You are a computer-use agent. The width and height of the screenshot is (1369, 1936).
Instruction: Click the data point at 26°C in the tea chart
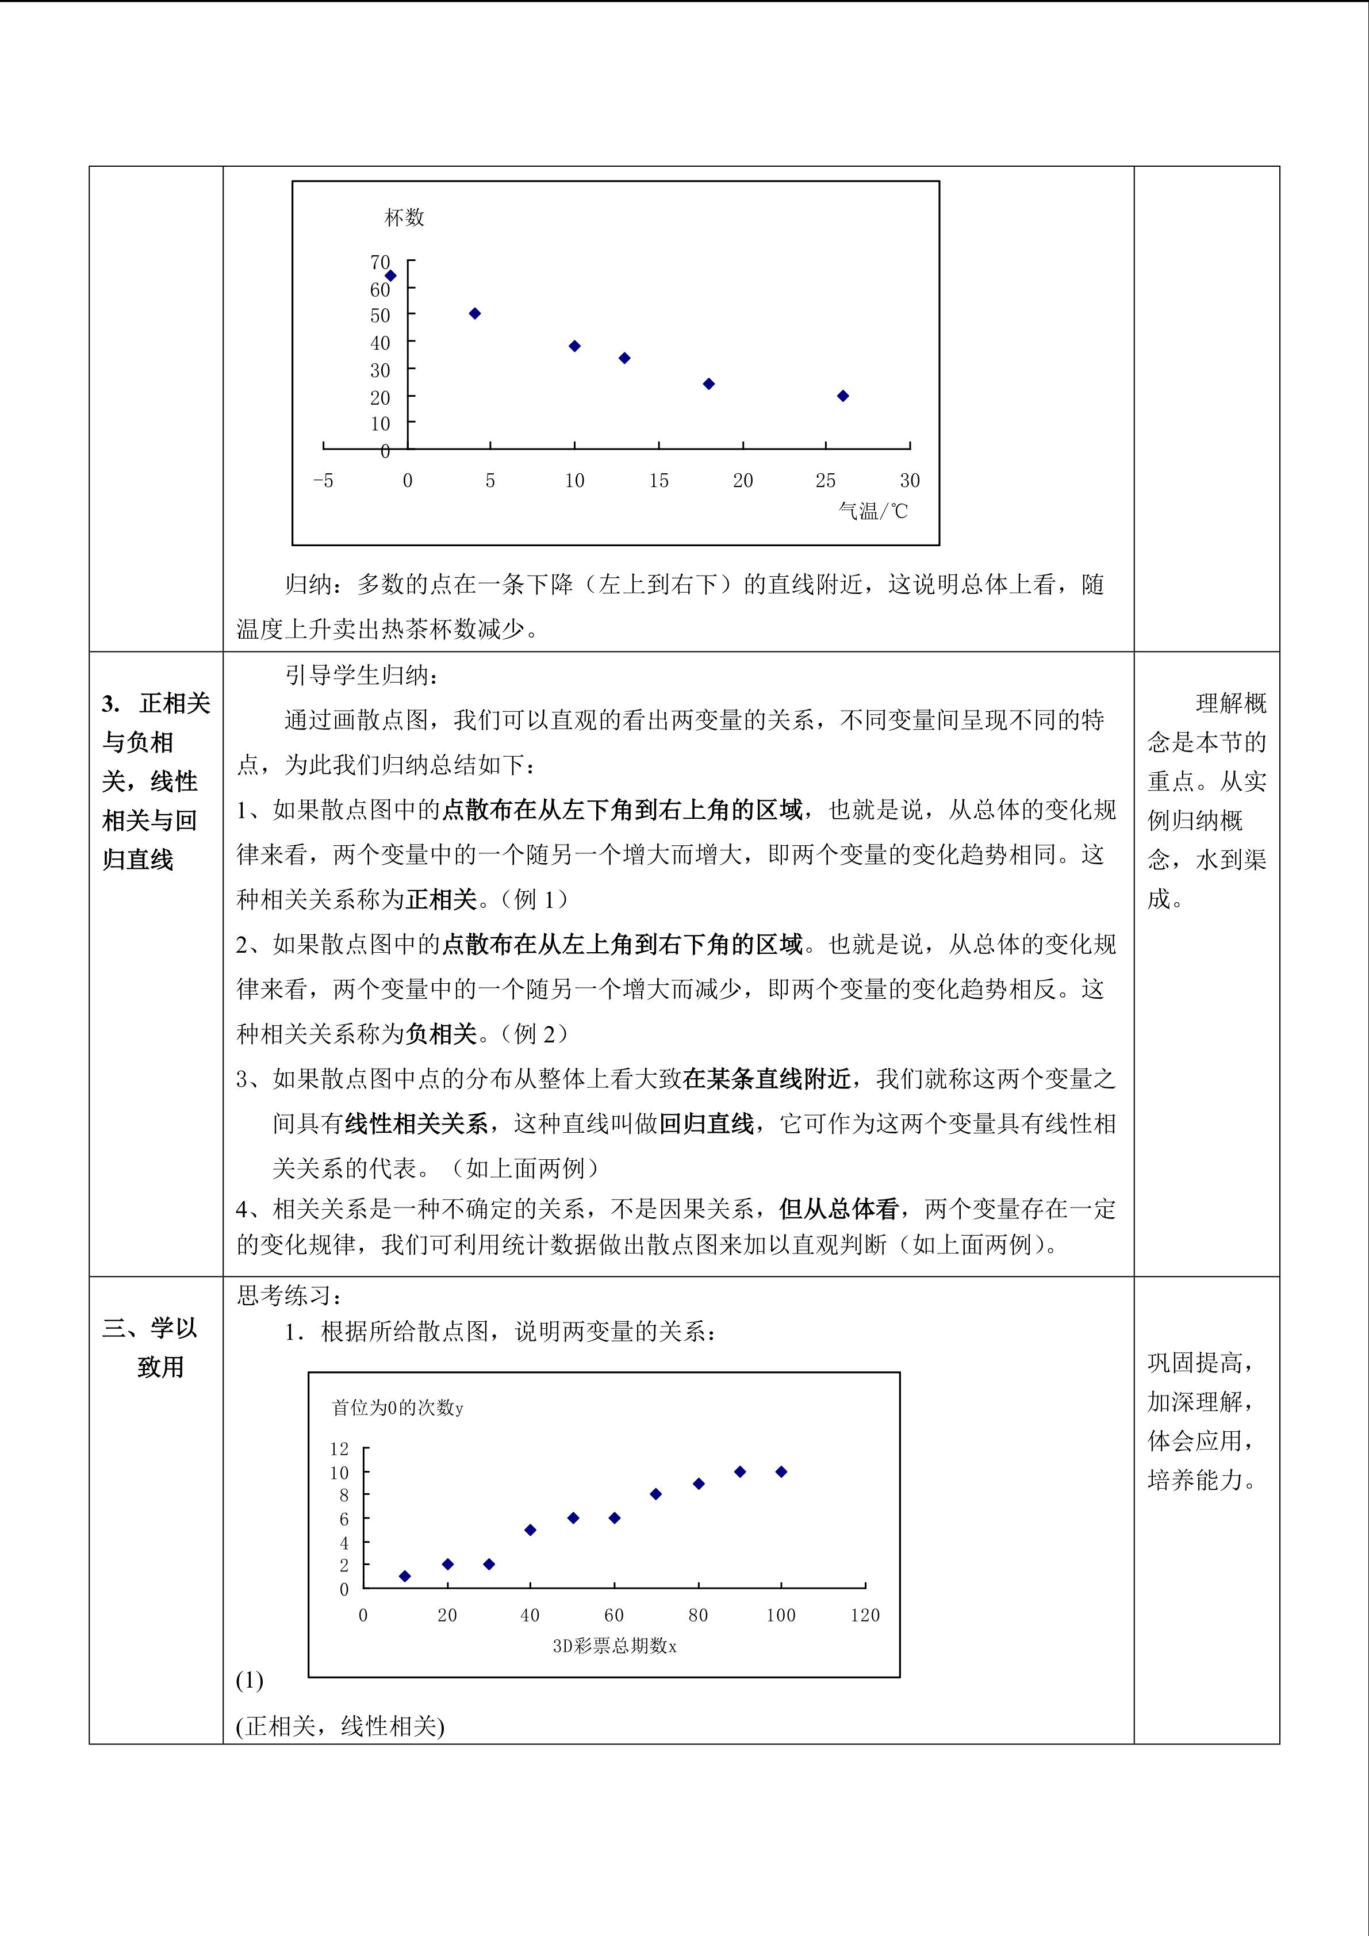tap(842, 396)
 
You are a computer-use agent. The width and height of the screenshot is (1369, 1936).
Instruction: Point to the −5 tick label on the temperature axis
tap(323, 481)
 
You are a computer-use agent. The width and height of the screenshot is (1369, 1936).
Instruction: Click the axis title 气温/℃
tap(873, 511)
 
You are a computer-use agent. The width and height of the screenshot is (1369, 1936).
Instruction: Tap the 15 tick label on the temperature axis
tap(658, 481)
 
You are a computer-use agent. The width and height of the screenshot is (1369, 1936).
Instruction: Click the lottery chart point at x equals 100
tap(781, 1471)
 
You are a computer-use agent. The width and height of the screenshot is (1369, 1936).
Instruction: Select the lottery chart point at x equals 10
tap(405, 1576)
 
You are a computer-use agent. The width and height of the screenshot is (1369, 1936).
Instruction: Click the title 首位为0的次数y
tap(398, 1408)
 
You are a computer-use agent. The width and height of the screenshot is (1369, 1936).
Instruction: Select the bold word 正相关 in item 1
tap(442, 900)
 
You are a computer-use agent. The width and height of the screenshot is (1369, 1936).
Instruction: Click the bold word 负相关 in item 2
tap(442, 1034)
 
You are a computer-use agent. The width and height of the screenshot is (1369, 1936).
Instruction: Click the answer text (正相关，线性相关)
tap(340, 1720)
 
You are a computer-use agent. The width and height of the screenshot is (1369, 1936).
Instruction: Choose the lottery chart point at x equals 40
tap(530, 1529)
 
